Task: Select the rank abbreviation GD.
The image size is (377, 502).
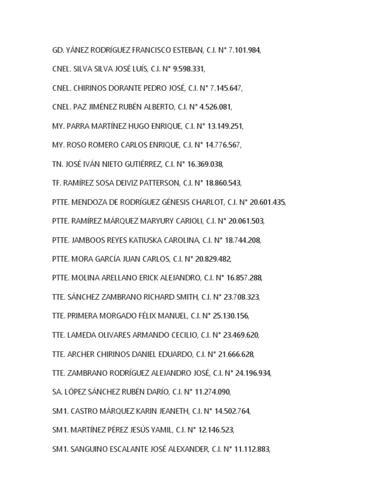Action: [x=57, y=50]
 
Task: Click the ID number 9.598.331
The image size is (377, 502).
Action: [x=189, y=69]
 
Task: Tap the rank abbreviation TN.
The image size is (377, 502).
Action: [x=57, y=164]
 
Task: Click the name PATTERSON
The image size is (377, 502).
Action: [x=159, y=183]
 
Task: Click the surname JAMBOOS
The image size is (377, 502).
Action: [x=88, y=240]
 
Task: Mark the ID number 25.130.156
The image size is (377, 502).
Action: [x=231, y=316]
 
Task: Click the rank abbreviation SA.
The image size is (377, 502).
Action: [x=56, y=392]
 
